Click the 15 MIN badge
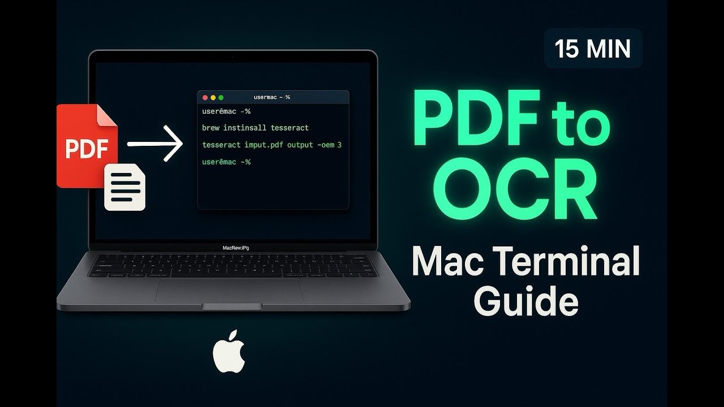(x=593, y=49)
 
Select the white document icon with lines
(x=125, y=187)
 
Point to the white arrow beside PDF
(x=155, y=144)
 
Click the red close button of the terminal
(x=205, y=97)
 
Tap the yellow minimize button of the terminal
(x=213, y=97)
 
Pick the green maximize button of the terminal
(x=221, y=97)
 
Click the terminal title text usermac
(x=272, y=97)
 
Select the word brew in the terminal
(x=211, y=128)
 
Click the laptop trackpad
(x=229, y=289)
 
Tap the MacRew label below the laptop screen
(x=236, y=248)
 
